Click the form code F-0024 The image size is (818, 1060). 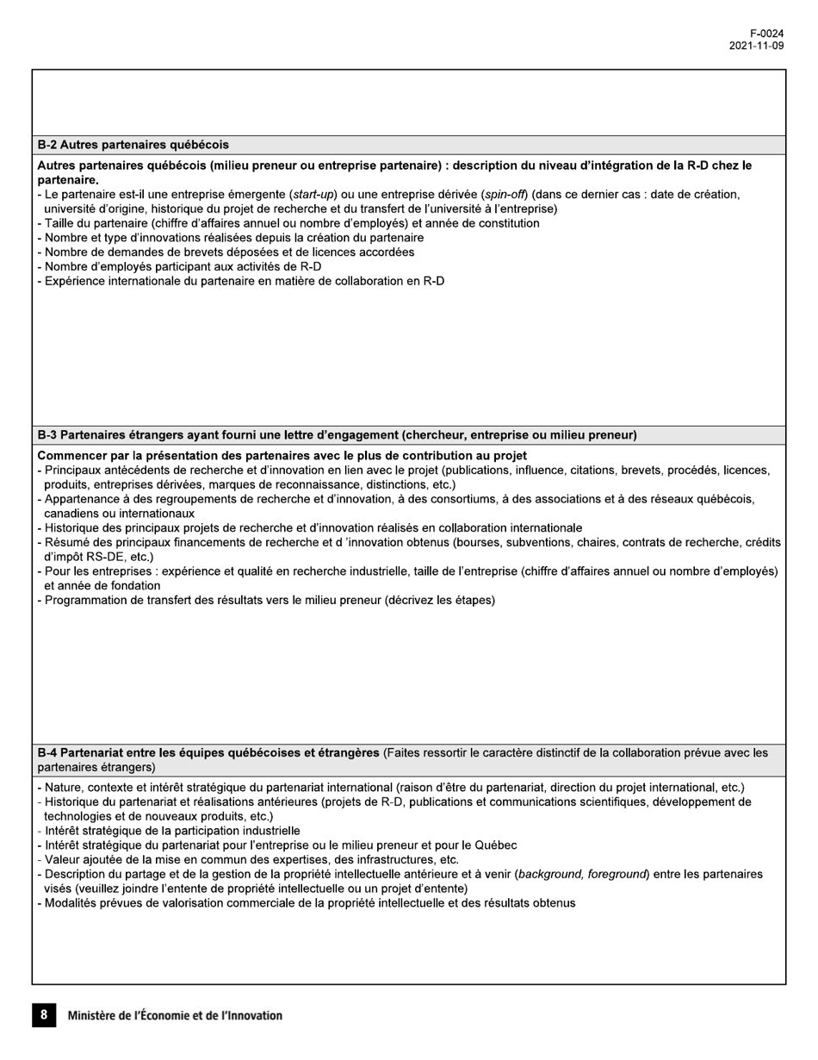coord(766,34)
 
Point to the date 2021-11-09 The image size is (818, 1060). coord(756,46)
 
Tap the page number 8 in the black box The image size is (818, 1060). coord(44,1015)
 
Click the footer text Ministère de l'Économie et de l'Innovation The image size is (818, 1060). coord(175,1016)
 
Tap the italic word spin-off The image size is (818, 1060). coord(505,195)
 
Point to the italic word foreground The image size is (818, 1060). coord(617,874)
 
